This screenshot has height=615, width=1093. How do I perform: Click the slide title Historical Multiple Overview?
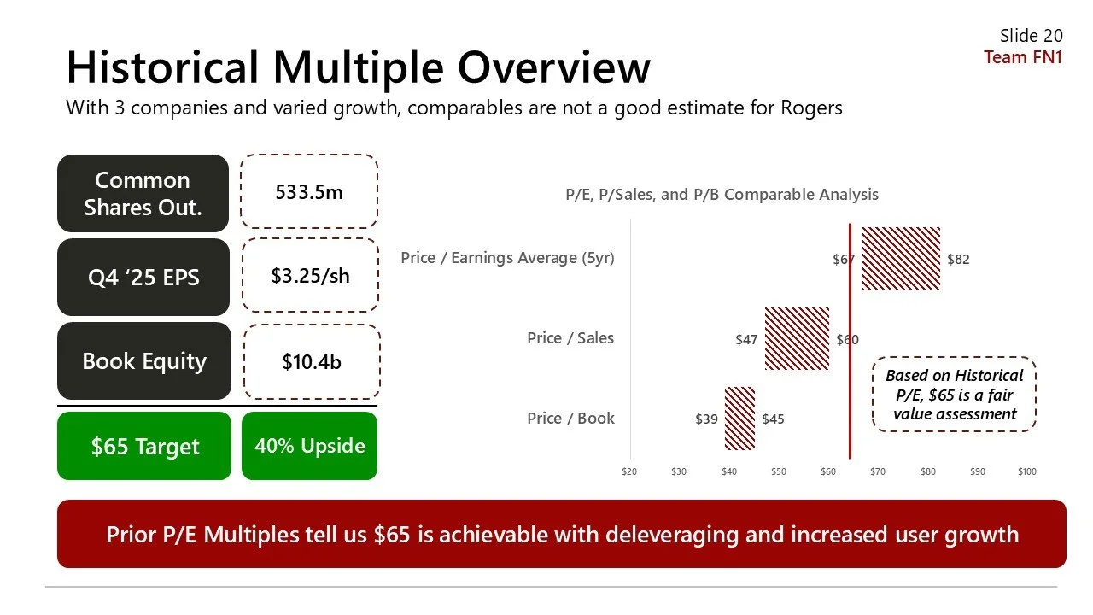click(x=358, y=67)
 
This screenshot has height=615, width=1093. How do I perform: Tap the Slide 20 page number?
click(x=1031, y=36)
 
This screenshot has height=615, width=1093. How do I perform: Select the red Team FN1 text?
click(x=1023, y=57)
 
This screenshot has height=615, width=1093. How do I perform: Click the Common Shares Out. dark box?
click(x=143, y=194)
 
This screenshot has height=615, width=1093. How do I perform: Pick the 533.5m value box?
click(x=309, y=192)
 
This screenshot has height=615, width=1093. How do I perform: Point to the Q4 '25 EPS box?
click(x=143, y=278)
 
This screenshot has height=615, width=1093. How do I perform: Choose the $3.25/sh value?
click(x=310, y=275)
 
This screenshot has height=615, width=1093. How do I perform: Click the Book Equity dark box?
click(x=143, y=361)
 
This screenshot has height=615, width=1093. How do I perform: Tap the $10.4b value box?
click(x=312, y=362)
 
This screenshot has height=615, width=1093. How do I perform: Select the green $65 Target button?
click(x=144, y=446)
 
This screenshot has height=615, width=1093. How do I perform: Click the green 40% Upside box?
click(x=309, y=446)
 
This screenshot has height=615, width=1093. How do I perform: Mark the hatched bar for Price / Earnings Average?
click(x=901, y=258)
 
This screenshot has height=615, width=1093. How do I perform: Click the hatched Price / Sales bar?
click(x=797, y=338)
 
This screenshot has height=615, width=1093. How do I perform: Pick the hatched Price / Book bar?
click(x=739, y=419)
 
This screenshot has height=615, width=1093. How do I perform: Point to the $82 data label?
click(x=958, y=260)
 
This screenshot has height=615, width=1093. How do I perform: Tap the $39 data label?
click(x=706, y=419)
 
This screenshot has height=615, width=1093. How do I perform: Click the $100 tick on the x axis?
click(x=1026, y=471)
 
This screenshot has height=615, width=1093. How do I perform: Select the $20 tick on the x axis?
click(x=629, y=471)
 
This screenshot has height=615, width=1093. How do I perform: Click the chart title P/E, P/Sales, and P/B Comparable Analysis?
click(x=722, y=195)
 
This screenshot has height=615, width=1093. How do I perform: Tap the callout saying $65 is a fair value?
click(x=954, y=395)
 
